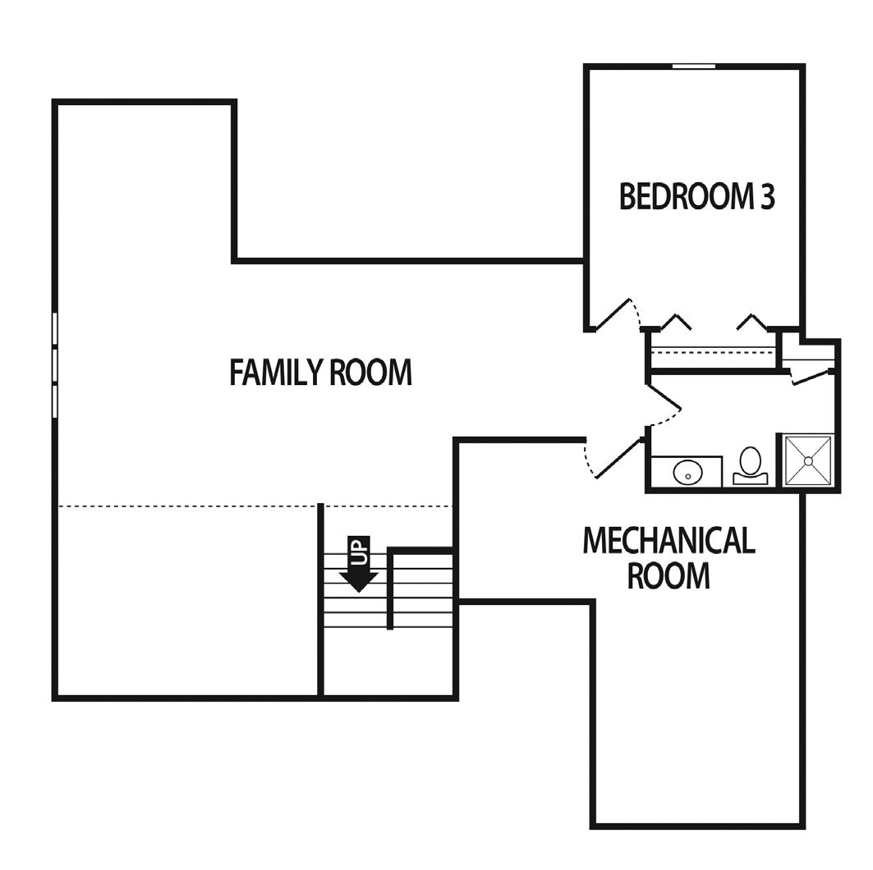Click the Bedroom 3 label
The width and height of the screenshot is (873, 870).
coord(697,196)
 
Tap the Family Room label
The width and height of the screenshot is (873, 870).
coord(320,372)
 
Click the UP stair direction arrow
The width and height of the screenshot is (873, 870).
coord(359,564)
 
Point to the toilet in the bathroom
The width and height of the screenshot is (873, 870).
coord(750,465)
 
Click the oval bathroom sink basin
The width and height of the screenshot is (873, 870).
coord(687,473)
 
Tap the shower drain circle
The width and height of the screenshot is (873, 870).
coord(808,460)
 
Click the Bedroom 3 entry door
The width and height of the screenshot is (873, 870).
coord(613,314)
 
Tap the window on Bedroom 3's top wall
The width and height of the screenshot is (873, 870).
coord(694,66)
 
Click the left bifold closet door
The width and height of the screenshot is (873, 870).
coord(676,322)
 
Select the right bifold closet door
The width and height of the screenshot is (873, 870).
coord(752,322)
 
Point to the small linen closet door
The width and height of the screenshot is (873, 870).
coord(811,378)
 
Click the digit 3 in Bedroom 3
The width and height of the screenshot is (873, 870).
coord(768,196)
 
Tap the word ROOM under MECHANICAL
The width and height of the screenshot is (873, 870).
coord(669,575)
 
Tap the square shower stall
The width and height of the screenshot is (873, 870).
coord(808,460)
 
